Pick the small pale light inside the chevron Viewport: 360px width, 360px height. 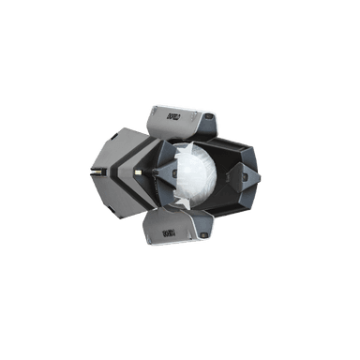(139, 173)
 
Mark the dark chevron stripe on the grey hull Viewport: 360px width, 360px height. (126, 173)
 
